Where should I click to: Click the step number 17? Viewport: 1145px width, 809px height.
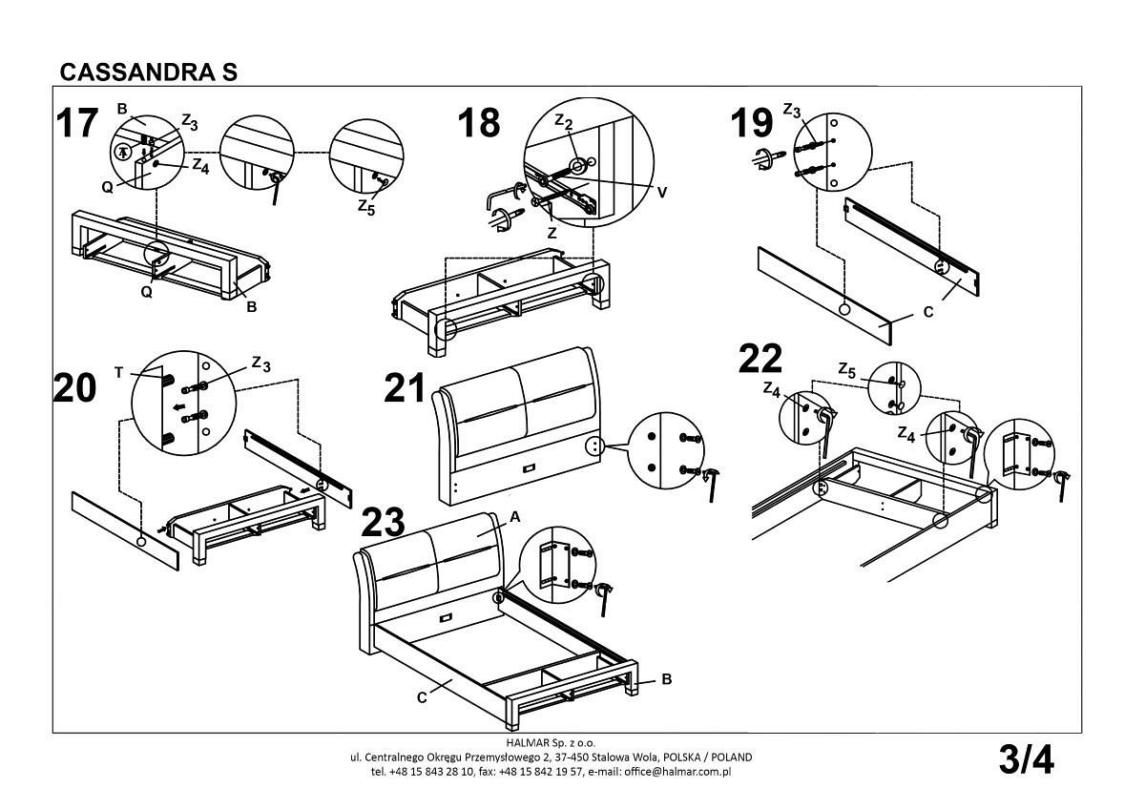[76, 125]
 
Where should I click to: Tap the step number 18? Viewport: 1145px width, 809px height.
[478, 123]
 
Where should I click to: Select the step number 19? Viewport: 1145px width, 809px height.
[751, 123]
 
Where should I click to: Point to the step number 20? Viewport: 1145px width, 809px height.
[75, 389]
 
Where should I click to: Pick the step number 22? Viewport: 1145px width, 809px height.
[760, 360]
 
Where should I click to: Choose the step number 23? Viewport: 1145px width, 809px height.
[384, 523]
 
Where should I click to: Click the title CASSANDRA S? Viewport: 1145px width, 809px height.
[148, 73]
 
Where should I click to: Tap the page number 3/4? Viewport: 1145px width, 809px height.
[1026, 760]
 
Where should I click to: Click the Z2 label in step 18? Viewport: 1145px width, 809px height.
[563, 122]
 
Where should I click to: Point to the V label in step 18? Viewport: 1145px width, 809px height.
[661, 192]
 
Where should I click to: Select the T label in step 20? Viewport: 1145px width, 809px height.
[118, 373]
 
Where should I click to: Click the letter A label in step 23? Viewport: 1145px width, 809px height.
[514, 516]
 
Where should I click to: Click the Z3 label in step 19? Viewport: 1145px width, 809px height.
[792, 111]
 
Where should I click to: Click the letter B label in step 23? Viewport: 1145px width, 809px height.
[666, 679]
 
